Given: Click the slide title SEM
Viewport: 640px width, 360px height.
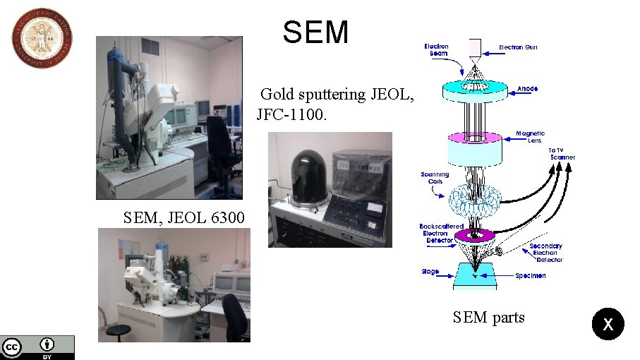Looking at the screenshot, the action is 315,32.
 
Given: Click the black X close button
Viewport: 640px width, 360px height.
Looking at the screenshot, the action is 608,325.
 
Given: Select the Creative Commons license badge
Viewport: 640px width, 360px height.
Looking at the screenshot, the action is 37,347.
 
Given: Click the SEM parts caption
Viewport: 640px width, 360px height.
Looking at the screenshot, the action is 488,318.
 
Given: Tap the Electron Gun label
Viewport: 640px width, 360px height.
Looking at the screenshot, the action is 521,47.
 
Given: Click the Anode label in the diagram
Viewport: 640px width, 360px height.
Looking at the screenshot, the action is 527,89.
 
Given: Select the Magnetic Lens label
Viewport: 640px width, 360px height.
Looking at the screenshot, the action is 530,137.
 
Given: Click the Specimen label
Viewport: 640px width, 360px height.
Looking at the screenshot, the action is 530,276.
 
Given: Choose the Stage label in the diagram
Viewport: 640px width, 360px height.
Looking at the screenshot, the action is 430,272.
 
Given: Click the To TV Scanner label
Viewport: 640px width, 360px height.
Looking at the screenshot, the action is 562,153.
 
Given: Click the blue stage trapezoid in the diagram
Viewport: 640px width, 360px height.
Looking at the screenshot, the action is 476,275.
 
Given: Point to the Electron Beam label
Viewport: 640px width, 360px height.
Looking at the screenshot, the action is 436,50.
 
